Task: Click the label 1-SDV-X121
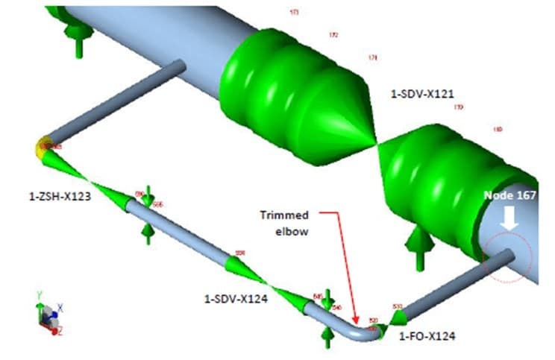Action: tap(422, 94)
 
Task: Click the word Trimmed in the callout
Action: tap(284, 215)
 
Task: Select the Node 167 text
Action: tap(510, 195)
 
